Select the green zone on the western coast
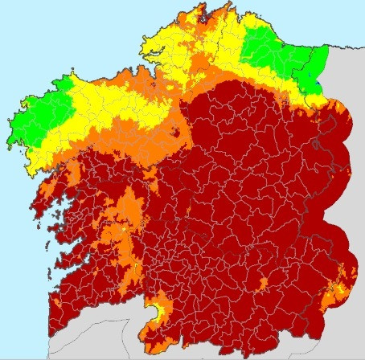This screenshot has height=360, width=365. click(36, 117)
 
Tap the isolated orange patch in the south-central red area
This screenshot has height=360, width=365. click(263, 283)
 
